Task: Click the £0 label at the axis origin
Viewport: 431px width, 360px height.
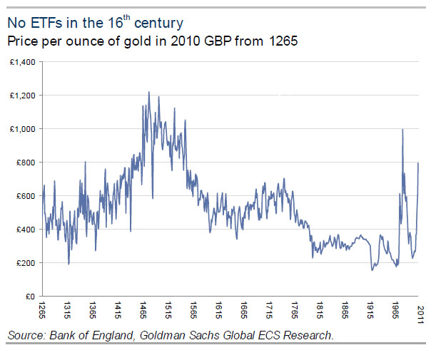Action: [31, 297]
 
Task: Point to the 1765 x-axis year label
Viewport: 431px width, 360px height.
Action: [295, 311]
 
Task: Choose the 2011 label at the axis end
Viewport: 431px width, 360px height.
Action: [420, 311]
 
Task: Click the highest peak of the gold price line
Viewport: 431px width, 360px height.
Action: [148, 92]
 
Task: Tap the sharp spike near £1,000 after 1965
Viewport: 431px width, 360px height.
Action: [403, 130]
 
